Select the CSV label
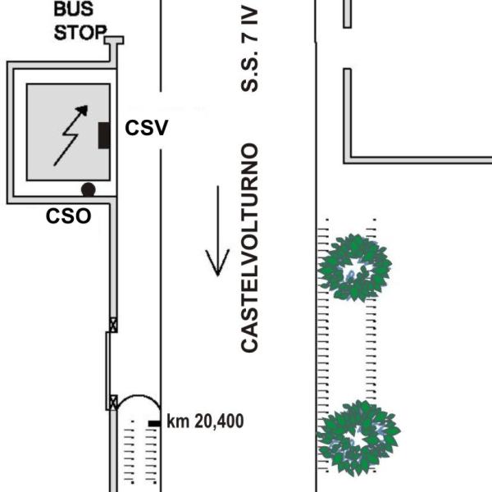click(147, 128)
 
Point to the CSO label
click(67, 217)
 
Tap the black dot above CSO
click(88, 189)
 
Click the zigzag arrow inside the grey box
click(66, 134)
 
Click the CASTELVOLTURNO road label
click(250, 248)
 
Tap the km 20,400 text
click(205, 421)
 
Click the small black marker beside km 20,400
click(154, 422)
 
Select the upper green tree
click(354, 266)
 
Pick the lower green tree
click(358, 438)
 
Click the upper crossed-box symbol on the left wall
click(113, 326)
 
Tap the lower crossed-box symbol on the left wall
click(113, 402)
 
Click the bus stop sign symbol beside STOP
click(114, 41)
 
